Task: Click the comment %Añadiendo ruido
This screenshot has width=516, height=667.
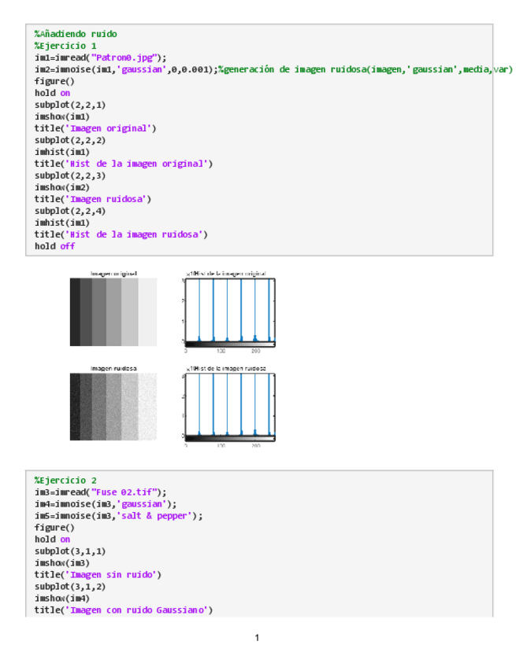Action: point(76,34)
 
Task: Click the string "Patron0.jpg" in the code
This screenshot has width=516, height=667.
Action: point(126,57)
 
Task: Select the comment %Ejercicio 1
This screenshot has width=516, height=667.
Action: point(66,46)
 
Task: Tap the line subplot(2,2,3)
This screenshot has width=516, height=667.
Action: point(70,175)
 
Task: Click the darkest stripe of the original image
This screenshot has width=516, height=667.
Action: point(75,313)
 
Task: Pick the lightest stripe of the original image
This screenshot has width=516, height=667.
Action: point(148,313)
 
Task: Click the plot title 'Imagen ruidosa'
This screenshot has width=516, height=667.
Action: point(113,368)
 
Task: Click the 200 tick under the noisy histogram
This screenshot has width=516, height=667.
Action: point(256,445)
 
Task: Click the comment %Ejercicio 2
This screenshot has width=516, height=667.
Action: point(66,480)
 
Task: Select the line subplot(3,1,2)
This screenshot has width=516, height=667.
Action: point(70,586)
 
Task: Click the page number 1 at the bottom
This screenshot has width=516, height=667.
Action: point(258,637)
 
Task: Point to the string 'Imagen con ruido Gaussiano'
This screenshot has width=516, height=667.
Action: point(139,610)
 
